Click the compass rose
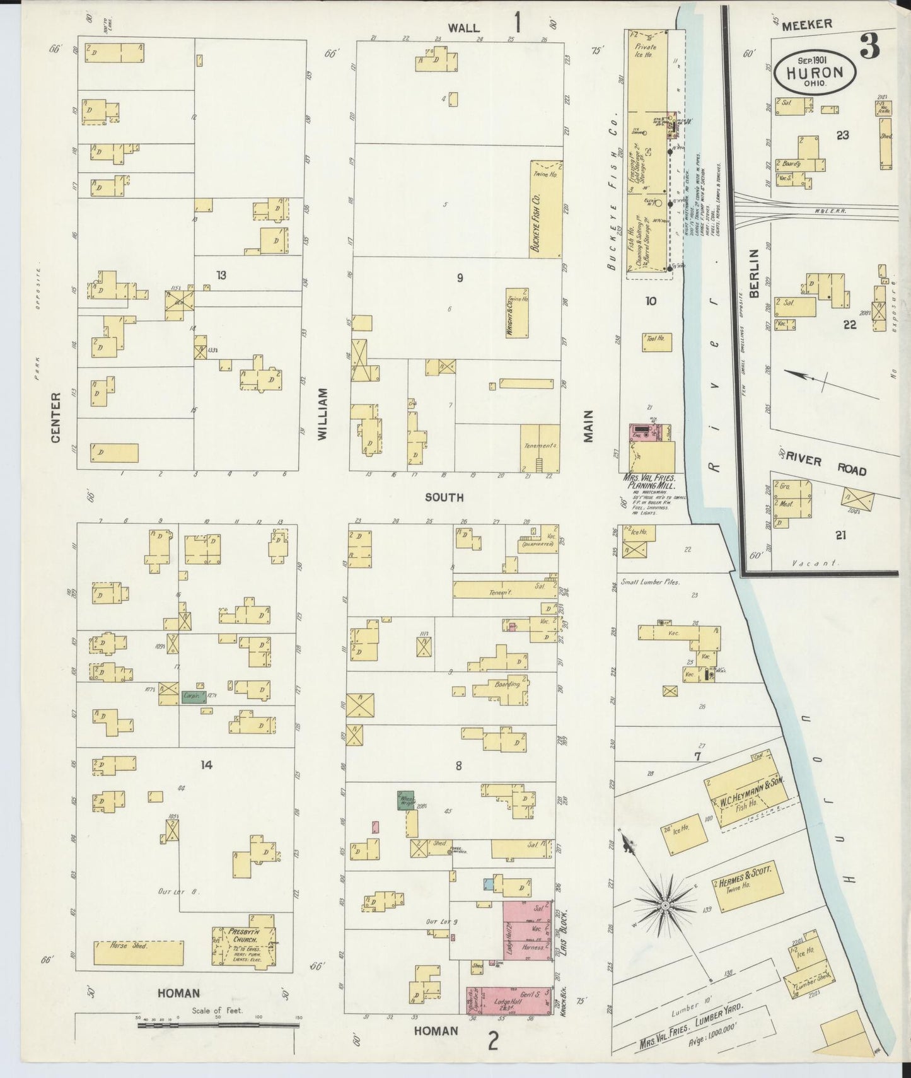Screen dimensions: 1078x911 pyautogui.click(x=664, y=906)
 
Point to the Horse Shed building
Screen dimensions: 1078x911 pyautogui.click(x=139, y=953)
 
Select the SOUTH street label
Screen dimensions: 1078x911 pyautogui.click(x=444, y=497)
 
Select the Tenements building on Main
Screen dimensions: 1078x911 pyautogui.click(x=540, y=447)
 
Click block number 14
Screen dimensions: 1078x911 pyautogui.click(x=206, y=765)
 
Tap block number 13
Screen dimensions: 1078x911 pyautogui.click(x=221, y=275)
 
